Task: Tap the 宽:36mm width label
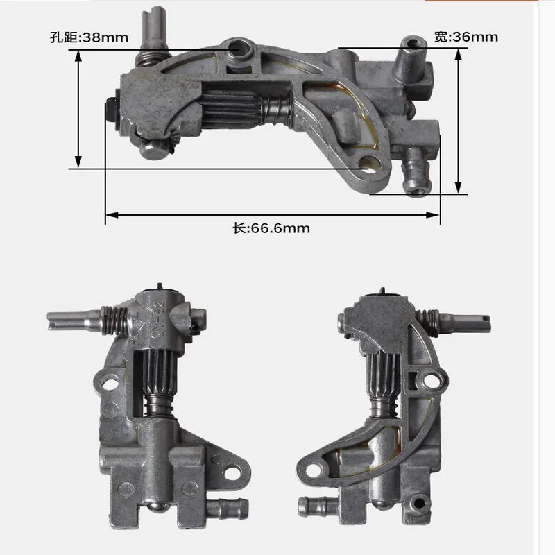pyautogui.click(x=466, y=37)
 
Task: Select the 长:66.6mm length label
pyautogui.click(x=271, y=228)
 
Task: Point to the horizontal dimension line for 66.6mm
pyautogui.click(x=272, y=215)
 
